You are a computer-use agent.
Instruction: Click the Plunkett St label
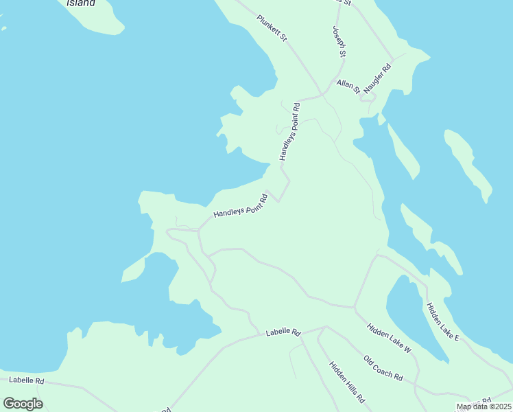272,31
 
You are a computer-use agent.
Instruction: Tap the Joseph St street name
339,42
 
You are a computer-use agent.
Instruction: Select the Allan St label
348,86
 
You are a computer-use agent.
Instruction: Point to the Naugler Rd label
377,79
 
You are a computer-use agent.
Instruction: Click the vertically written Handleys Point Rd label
288,132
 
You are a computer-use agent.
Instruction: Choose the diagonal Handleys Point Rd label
240,205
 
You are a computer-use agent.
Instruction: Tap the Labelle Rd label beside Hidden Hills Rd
283,333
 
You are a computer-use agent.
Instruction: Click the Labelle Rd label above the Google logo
27,380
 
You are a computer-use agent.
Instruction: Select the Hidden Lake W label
389,339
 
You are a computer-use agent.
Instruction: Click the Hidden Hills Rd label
346,382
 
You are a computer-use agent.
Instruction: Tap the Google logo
23,404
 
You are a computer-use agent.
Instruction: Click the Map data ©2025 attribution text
483,407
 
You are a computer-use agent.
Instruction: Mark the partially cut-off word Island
81,3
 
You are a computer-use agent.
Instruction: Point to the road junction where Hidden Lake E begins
377,255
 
